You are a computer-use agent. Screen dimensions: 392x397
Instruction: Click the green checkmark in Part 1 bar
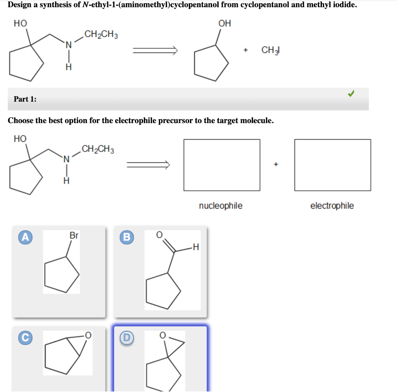[x=350, y=94]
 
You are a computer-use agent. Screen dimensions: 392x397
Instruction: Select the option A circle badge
[x=25, y=237]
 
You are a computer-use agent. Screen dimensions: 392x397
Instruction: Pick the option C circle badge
[x=25, y=337]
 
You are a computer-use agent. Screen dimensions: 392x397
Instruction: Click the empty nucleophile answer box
[x=222, y=165]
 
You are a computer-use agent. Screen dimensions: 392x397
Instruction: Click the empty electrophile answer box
[x=332, y=165]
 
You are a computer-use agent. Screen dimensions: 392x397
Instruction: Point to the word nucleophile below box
[x=221, y=206]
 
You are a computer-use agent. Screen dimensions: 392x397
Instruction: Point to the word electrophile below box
[x=332, y=206]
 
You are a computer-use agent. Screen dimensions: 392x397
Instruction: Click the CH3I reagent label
[x=271, y=50]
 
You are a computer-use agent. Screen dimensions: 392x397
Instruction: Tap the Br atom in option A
[x=74, y=235]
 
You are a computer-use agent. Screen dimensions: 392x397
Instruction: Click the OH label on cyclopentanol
[x=224, y=23]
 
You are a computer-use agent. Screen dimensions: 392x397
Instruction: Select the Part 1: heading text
[x=25, y=99]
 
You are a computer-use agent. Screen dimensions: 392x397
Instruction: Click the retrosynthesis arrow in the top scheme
[x=155, y=50]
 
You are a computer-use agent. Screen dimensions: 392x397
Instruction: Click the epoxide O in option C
[x=88, y=335]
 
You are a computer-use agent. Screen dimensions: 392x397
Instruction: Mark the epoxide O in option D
[x=163, y=335]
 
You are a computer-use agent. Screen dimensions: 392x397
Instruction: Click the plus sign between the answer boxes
[x=276, y=165]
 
